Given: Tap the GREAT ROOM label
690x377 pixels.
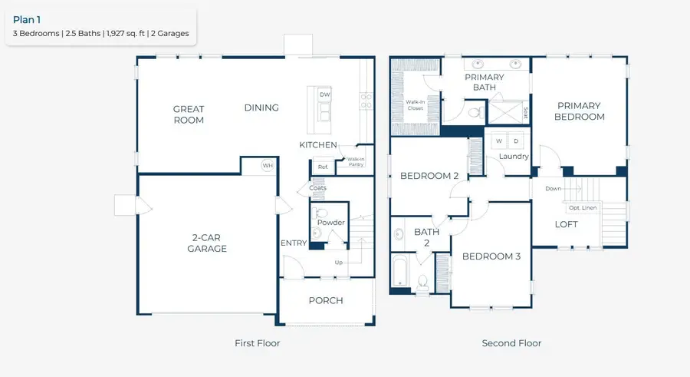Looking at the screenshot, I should click(x=189, y=114).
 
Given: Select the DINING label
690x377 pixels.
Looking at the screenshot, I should click(x=261, y=107).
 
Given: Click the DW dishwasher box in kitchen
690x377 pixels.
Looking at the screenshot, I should click(x=324, y=94).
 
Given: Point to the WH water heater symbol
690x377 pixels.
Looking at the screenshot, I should click(x=268, y=165).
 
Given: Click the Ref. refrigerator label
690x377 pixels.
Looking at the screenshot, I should click(x=322, y=167).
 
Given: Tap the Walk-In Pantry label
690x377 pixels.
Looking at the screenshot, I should click(x=356, y=162).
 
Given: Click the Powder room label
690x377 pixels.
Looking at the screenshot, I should click(x=331, y=223).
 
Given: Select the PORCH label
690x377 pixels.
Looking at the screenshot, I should click(x=326, y=300).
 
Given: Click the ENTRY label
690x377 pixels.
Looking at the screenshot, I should click(x=294, y=243).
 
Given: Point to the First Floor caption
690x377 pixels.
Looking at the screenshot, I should click(x=257, y=343).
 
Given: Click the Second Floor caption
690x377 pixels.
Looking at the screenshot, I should click(x=511, y=343).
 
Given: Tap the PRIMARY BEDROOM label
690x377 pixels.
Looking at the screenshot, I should click(x=580, y=111).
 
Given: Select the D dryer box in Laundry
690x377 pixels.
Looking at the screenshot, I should click(x=516, y=141).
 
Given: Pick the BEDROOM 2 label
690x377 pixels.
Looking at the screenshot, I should click(x=429, y=176).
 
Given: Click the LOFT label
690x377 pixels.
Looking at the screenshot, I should click(x=566, y=224).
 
